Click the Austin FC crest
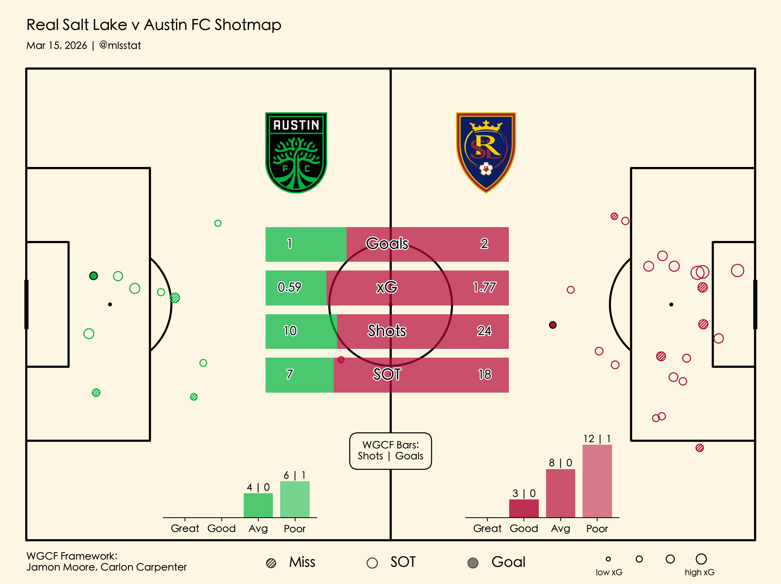click(x=296, y=152)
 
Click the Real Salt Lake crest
click(x=486, y=152)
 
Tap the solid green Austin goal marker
click(x=93, y=276)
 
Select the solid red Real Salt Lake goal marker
click(x=553, y=325)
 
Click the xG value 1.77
click(x=484, y=288)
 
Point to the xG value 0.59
click(x=289, y=287)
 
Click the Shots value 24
click(x=484, y=331)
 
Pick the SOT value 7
click(x=290, y=374)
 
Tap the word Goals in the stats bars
click(x=387, y=244)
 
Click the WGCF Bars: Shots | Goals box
click(x=390, y=451)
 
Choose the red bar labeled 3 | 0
click(x=524, y=508)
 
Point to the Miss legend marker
click(x=271, y=563)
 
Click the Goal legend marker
click(x=473, y=563)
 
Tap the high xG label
click(x=699, y=572)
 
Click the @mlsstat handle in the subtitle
click(x=120, y=46)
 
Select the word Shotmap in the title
click(x=248, y=25)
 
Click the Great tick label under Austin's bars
click(x=185, y=529)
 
